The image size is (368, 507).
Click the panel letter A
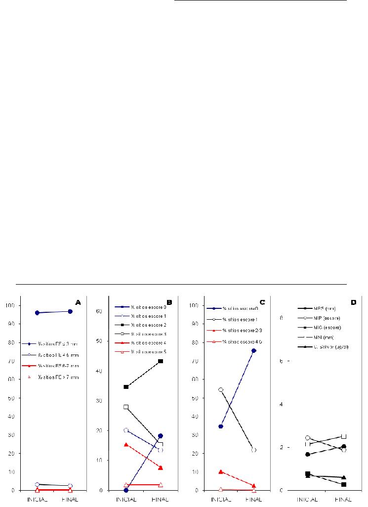78,301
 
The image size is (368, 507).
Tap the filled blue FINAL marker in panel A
70,311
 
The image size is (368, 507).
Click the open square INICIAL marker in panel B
126,407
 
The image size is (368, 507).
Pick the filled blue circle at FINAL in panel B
161,436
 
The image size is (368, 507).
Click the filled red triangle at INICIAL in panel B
126,445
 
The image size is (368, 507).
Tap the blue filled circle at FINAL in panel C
253,350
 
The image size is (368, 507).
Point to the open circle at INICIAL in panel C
220,390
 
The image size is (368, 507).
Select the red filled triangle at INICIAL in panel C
220,472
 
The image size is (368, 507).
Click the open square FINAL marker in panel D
344,436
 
